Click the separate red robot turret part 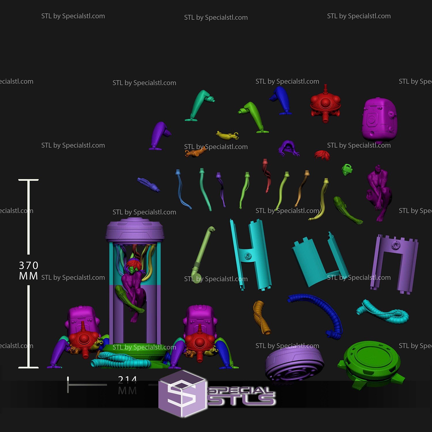tap(325, 104)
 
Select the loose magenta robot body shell tap(379, 120)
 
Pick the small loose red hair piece tap(322, 155)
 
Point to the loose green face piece tap(347, 169)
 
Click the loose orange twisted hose tap(262, 317)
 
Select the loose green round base tap(372, 361)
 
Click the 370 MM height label tap(29, 270)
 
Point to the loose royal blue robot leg tap(282, 100)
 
